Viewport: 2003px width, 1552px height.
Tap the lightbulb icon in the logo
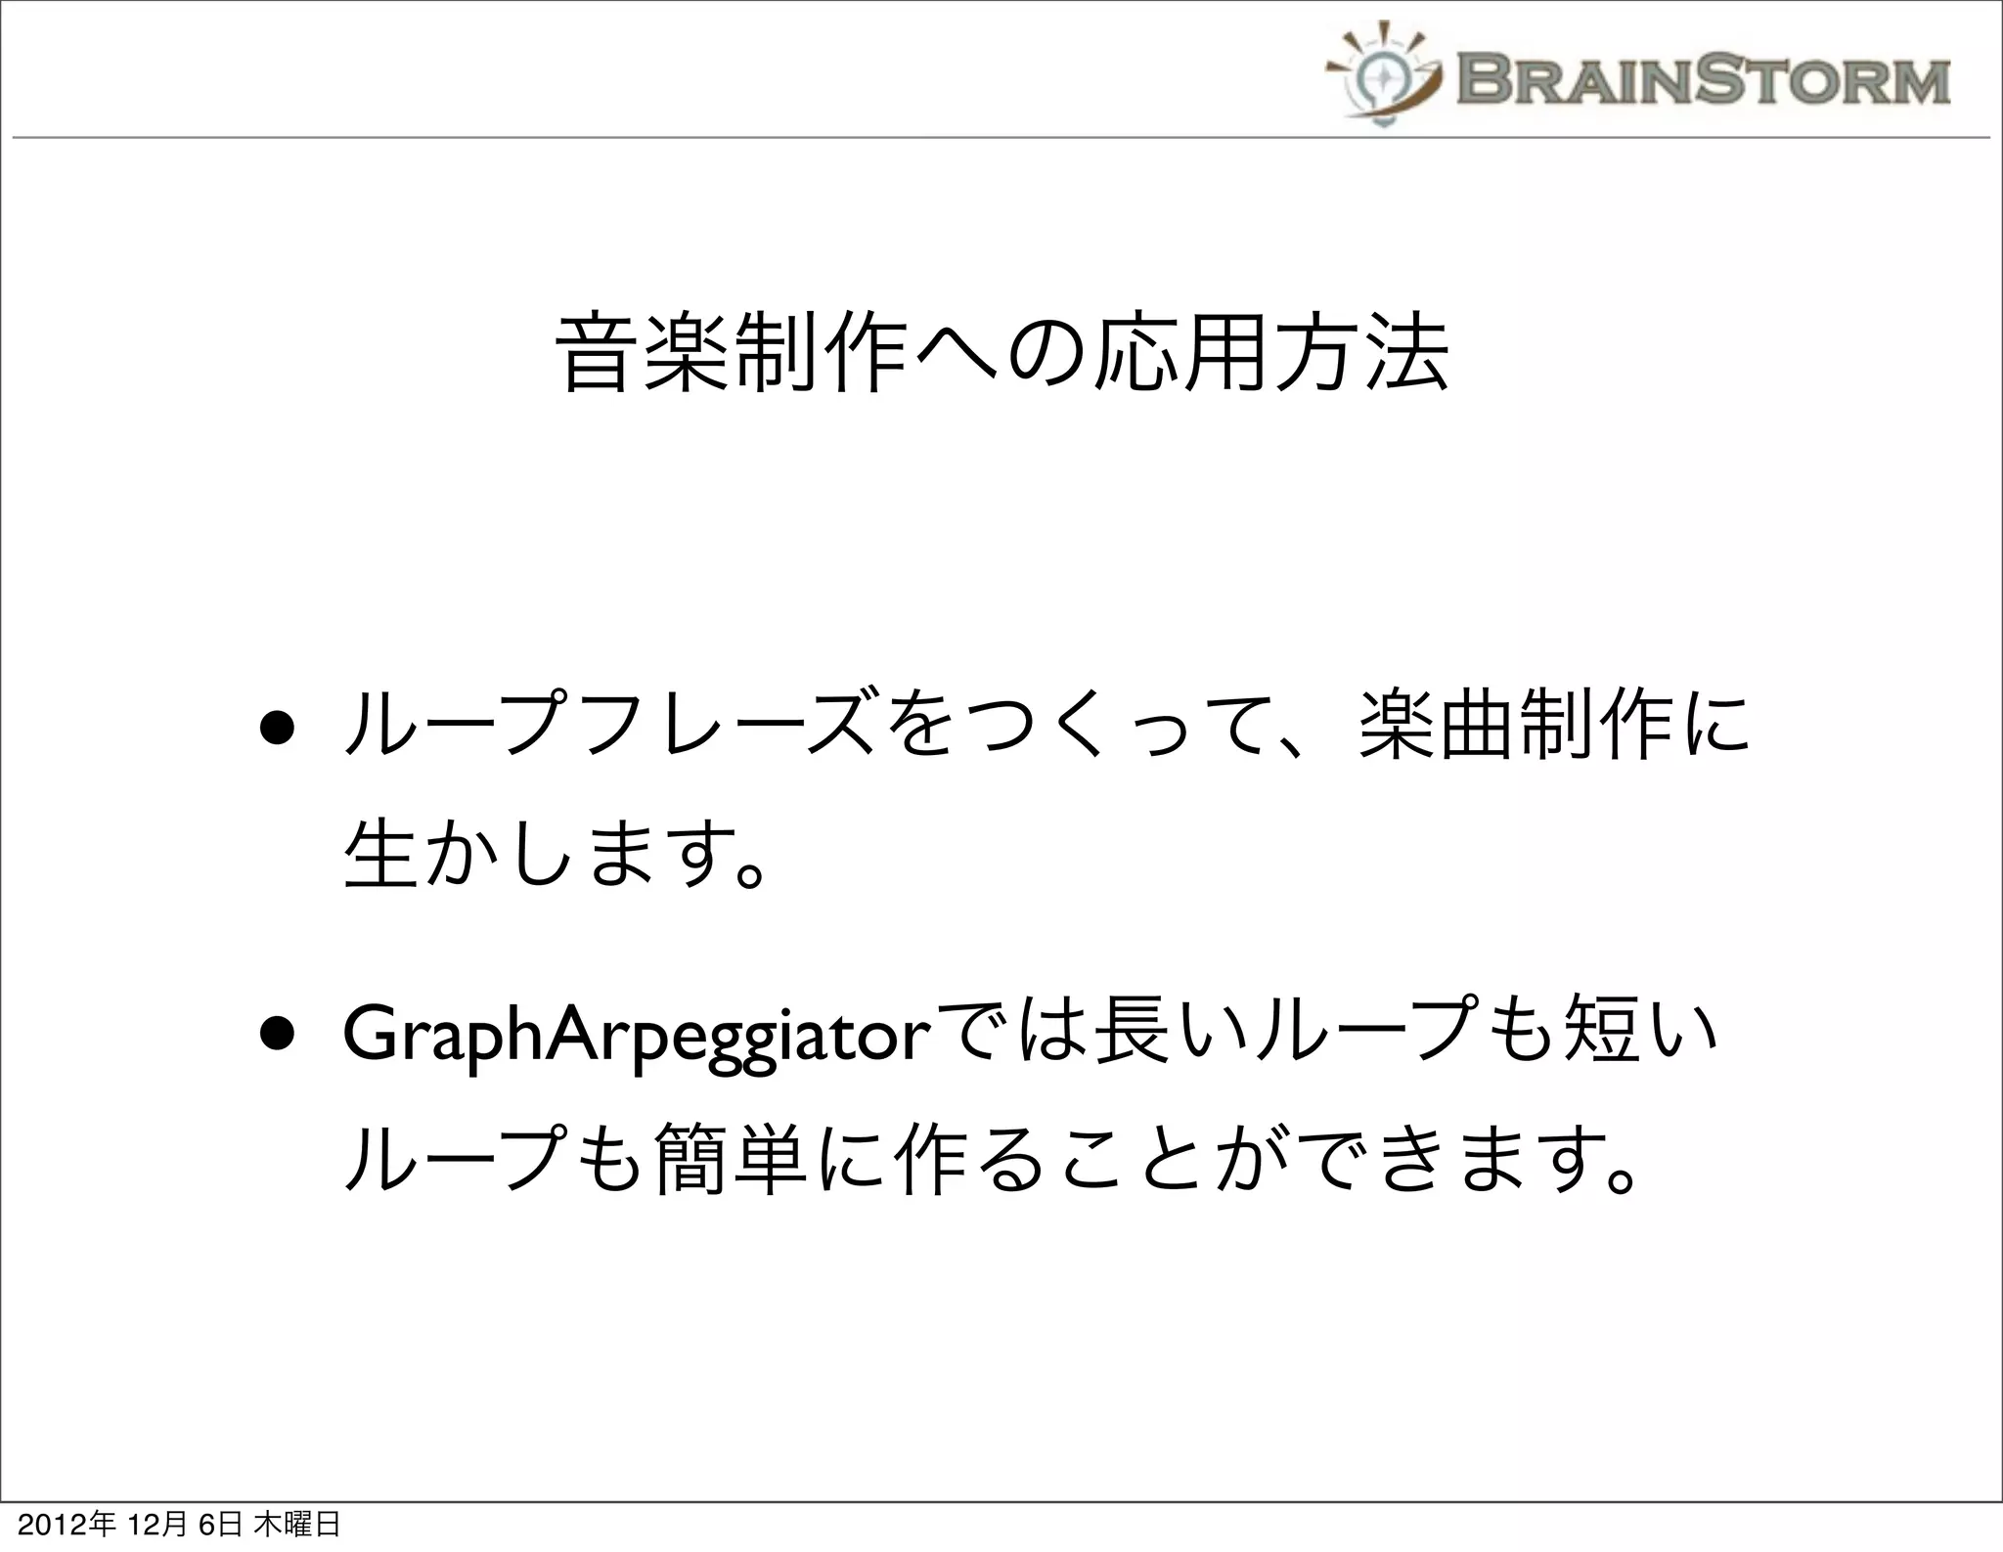coord(1384,78)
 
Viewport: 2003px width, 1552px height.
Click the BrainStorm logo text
coord(1703,81)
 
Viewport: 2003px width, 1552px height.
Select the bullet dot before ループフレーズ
coord(278,735)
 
